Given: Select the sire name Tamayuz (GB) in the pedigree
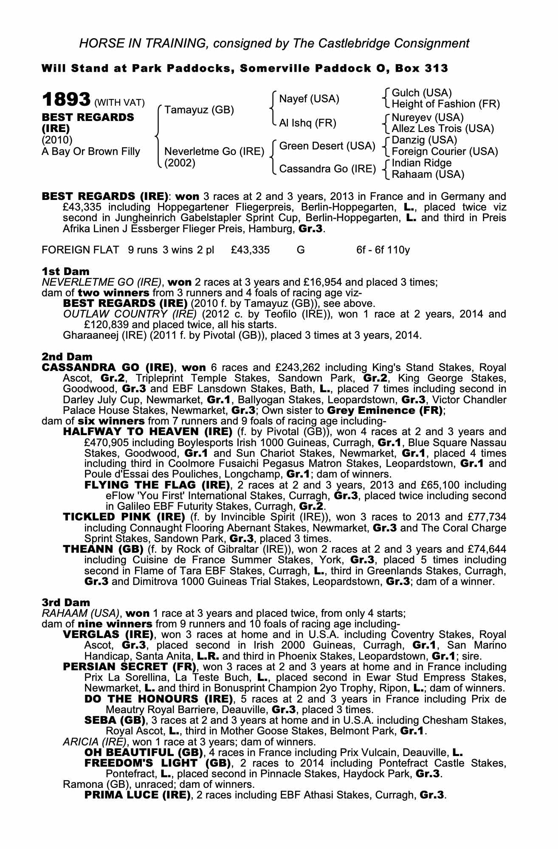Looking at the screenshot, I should (199, 110).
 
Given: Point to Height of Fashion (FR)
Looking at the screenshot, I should (445, 104).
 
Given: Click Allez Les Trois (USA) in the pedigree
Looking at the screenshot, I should (442, 129).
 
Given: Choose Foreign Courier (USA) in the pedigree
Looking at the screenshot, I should (445, 152).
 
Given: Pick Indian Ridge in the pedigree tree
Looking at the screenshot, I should (421, 163).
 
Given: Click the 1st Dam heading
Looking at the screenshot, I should (65, 271).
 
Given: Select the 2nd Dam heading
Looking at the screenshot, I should (67, 357).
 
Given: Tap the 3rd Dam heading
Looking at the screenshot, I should (66, 602).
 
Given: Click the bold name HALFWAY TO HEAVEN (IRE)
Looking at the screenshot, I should (147, 432).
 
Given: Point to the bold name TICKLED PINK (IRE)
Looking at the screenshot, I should (124, 517).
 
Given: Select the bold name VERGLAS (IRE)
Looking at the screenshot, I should (108, 635).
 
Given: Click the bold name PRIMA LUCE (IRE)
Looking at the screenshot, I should (138, 795).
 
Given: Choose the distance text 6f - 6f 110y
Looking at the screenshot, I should (383, 250).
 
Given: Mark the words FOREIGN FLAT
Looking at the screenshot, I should (80, 250).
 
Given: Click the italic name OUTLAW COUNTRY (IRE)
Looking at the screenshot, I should (130, 314).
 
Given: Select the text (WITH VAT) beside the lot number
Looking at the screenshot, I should (119, 103).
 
